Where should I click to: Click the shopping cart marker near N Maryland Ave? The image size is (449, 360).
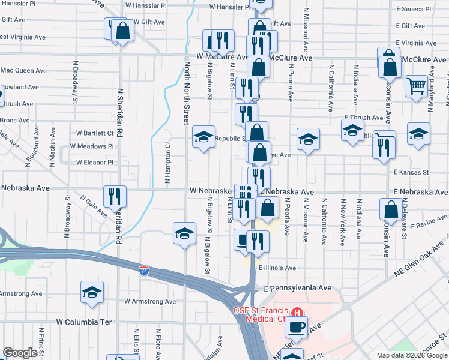point(416,86)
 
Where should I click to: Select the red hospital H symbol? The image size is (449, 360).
point(297,313)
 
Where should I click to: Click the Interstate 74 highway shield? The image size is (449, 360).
point(144,271)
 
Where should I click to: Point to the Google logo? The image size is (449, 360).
point(20,353)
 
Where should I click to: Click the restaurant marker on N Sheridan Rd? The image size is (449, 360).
point(114,196)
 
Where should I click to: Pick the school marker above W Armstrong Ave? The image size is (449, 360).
point(92,293)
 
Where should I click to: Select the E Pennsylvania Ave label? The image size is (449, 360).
point(298,289)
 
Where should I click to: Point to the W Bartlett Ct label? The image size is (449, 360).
point(95,133)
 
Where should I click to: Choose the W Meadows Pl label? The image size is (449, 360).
point(91,146)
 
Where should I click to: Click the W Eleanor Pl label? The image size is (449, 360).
point(94,163)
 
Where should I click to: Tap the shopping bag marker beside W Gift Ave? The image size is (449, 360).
point(122,32)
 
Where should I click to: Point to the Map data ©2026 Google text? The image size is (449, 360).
point(411,355)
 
